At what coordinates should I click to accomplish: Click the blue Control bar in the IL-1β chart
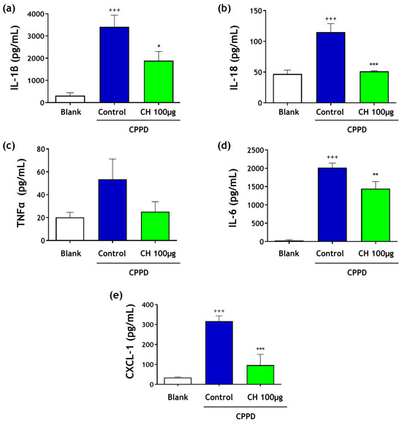pos(115,65)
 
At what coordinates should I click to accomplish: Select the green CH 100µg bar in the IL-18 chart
pos(374,87)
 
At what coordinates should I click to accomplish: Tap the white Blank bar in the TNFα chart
pos(70,229)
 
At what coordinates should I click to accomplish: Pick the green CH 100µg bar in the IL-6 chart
pos(376,215)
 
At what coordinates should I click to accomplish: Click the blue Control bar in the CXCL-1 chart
pos(219,353)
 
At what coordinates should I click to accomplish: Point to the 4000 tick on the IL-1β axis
pos(36,14)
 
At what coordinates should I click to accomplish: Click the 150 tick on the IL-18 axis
pos(257,11)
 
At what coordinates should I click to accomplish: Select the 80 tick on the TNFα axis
pos(42,149)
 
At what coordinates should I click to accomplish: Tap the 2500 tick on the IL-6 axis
pos(256,150)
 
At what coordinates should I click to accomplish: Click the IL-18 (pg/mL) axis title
pos(235,58)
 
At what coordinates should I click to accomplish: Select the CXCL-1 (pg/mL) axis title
pos(130,341)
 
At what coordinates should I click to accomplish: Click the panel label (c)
pos(8,146)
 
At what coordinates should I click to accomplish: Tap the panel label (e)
pos(115,295)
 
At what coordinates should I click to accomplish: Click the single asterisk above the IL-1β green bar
pos(159,46)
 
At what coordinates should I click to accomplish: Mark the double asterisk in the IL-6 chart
pos(376,175)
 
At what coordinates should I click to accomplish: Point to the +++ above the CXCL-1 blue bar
pos(219,311)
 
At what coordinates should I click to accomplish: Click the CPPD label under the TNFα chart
pos(139,273)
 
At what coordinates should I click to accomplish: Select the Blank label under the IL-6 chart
pos(289,254)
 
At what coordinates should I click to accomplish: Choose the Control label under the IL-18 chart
pos(330,112)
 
